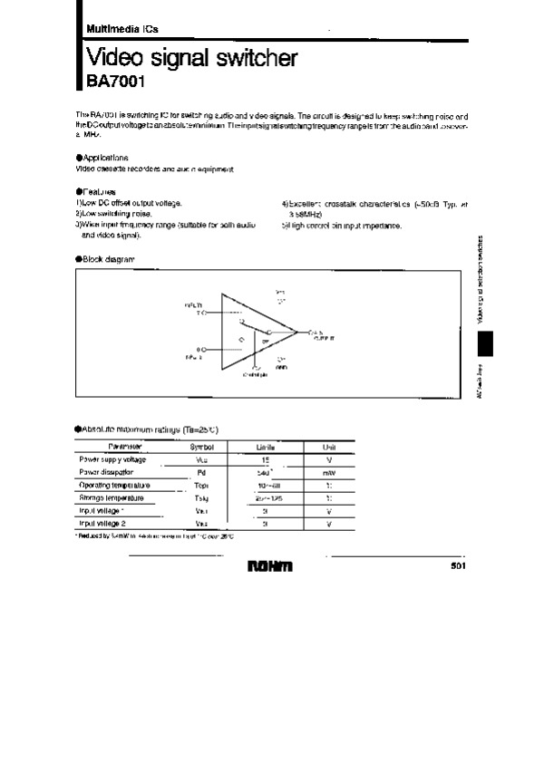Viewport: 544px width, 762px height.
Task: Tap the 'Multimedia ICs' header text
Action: pyautogui.click(x=116, y=29)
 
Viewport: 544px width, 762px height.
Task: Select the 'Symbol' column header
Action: pyautogui.click(x=201, y=447)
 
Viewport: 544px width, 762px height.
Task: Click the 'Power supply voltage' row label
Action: pyautogui.click(x=112, y=459)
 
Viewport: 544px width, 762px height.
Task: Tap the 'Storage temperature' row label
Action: pyautogui.click(x=114, y=497)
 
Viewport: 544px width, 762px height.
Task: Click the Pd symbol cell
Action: pyautogui.click(x=201, y=472)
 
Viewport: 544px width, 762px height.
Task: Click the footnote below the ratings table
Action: pyautogui.click(x=155, y=536)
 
